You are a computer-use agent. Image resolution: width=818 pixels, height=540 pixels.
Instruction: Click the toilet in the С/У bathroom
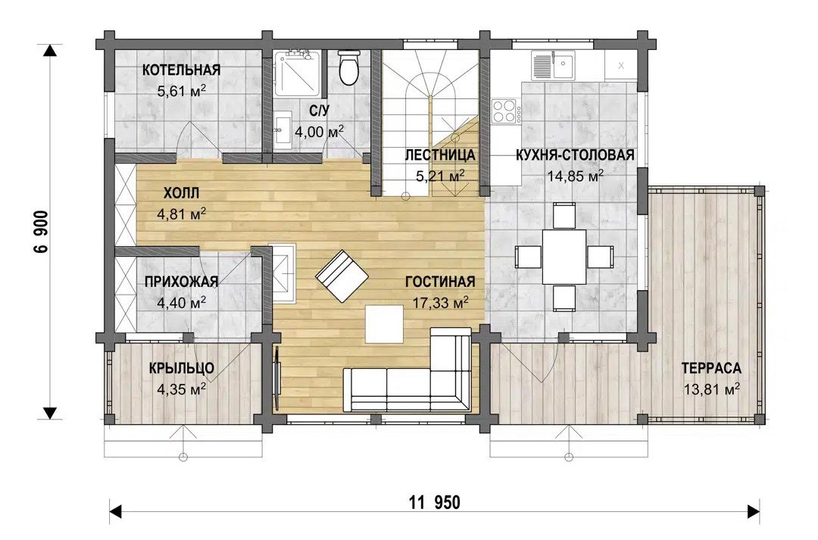tap(348, 67)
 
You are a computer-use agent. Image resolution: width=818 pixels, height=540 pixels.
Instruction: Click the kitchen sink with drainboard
tap(553, 65)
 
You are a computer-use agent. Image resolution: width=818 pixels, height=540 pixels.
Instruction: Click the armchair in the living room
tap(342, 276)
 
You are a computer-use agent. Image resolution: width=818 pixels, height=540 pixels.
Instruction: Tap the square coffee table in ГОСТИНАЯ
tap(385, 324)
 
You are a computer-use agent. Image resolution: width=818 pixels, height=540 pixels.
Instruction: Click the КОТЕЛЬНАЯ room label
tap(182, 70)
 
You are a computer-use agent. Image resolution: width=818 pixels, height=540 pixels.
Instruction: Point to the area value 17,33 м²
tap(440, 303)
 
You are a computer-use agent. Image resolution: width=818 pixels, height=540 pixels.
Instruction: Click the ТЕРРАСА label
tap(711, 368)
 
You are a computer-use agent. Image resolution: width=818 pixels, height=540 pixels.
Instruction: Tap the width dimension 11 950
tap(435, 503)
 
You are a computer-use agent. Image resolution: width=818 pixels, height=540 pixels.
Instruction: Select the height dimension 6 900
tap(41, 232)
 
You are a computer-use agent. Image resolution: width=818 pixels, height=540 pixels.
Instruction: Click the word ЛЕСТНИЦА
tap(440, 155)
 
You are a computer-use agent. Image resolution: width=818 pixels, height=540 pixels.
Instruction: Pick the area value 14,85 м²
tap(576, 176)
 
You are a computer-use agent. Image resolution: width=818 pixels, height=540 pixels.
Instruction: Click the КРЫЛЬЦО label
tap(182, 368)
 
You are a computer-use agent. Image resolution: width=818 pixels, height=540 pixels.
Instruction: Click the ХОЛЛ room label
tap(182, 194)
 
